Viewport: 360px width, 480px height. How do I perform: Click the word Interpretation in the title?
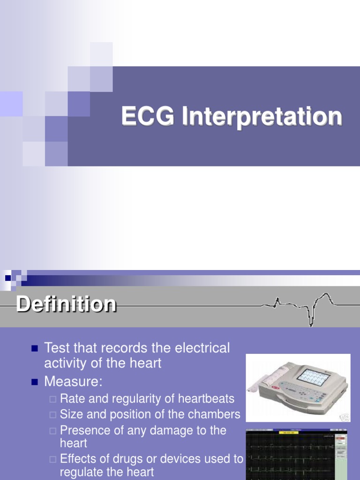[262, 117]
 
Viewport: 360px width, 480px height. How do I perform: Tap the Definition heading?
[66, 304]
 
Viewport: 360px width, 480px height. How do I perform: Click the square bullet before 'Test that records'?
[34, 349]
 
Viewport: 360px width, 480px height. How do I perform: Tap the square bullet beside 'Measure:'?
[34, 382]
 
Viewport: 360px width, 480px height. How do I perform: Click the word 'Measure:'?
[73, 382]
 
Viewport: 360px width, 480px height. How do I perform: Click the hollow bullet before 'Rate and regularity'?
[52, 399]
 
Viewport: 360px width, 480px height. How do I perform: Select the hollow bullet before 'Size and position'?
[52, 415]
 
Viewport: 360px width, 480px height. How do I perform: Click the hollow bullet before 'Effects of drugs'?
[52, 459]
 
